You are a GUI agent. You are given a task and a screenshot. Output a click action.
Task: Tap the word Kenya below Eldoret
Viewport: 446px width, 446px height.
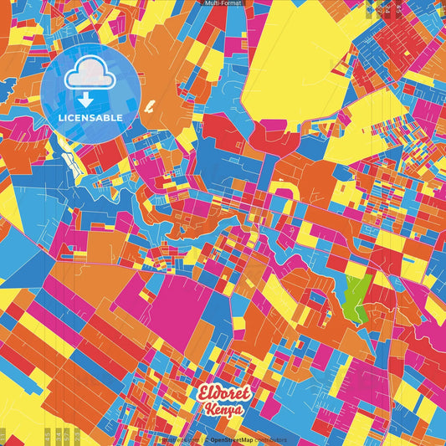pyautogui.click(x=223, y=410)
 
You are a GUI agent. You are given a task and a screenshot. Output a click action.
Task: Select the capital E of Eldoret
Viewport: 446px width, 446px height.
pyautogui.click(x=205, y=394)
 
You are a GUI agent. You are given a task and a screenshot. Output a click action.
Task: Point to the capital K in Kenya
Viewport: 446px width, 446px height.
pyautogui.click(x=208, y=410)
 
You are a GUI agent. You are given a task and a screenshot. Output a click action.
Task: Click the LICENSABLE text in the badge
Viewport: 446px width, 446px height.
pyautogui.click(x=90, y=117)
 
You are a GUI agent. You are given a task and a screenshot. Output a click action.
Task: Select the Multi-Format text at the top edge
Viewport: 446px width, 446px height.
pyautogui.click(x=223, y=3)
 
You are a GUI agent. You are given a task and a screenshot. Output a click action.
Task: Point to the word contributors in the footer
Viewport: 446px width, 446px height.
pyautogui.click(x=269, y=439)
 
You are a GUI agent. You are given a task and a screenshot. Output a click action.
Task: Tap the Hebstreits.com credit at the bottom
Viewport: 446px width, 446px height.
pyautogui.click(x=177, y=439)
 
